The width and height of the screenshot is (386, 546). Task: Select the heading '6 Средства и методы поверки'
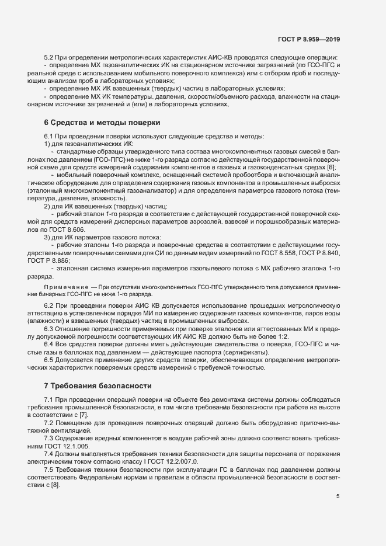coord(98,123)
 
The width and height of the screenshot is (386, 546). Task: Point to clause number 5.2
coord(50,57)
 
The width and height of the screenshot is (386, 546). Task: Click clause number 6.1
coord(50,136)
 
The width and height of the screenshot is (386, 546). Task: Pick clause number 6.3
coord(50,328)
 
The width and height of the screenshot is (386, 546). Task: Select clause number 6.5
coord(50,360)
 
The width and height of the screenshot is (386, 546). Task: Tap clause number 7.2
coord(50,422)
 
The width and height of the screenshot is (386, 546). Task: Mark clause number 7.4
coord(50,453)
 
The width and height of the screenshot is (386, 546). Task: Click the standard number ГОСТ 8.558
coord(283,252)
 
